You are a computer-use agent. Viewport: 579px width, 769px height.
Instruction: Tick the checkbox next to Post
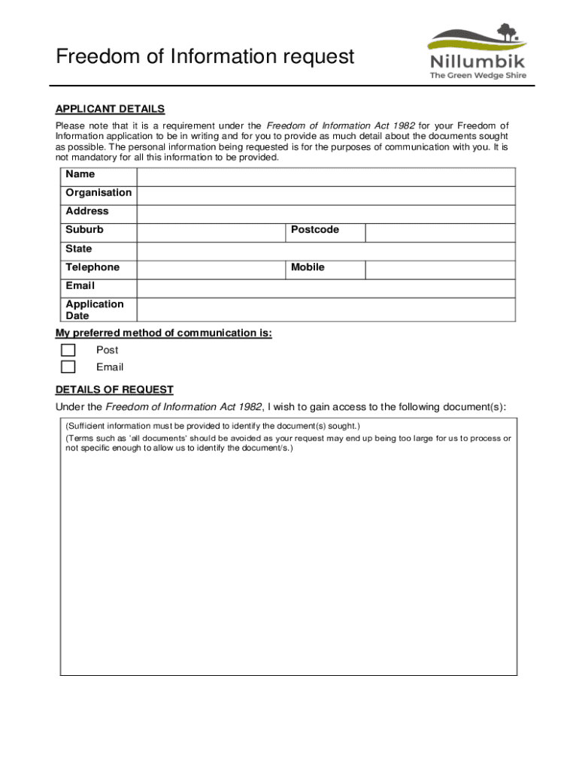(x=68, y=350)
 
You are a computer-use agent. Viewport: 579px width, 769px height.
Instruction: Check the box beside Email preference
(x=68, y=367)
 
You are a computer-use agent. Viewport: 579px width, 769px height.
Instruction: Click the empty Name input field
(x=326, y=176)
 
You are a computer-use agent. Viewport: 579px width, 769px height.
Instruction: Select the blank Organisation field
(x=326, y=195)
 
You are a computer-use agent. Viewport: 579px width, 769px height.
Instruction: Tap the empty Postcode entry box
(x=440, y=232)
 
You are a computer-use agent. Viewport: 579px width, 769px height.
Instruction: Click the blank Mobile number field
(x=440, y=270)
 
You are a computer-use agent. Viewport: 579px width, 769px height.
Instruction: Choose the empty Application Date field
(x=326, y=309)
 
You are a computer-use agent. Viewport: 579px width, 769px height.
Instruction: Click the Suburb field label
(x=84, y=230)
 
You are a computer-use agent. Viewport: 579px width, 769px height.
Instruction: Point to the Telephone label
(x=92, y=267)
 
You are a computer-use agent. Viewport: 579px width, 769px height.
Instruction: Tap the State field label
(x=79, y=249)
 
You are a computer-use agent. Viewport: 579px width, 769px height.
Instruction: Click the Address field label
(x=87, y=211)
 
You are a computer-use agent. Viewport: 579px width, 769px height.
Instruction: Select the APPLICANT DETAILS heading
(x=110, y=109)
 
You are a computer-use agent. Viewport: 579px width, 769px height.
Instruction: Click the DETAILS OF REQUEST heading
(x=114, y=390)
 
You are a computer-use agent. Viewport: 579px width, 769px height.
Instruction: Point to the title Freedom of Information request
(x=205, y=56)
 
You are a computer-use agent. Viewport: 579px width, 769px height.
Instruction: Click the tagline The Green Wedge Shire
(x=477, y=75)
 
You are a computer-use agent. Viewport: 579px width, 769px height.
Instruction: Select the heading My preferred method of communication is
(x=163, y=333)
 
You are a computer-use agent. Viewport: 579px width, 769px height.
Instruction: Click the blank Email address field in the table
(x=326, y=288)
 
